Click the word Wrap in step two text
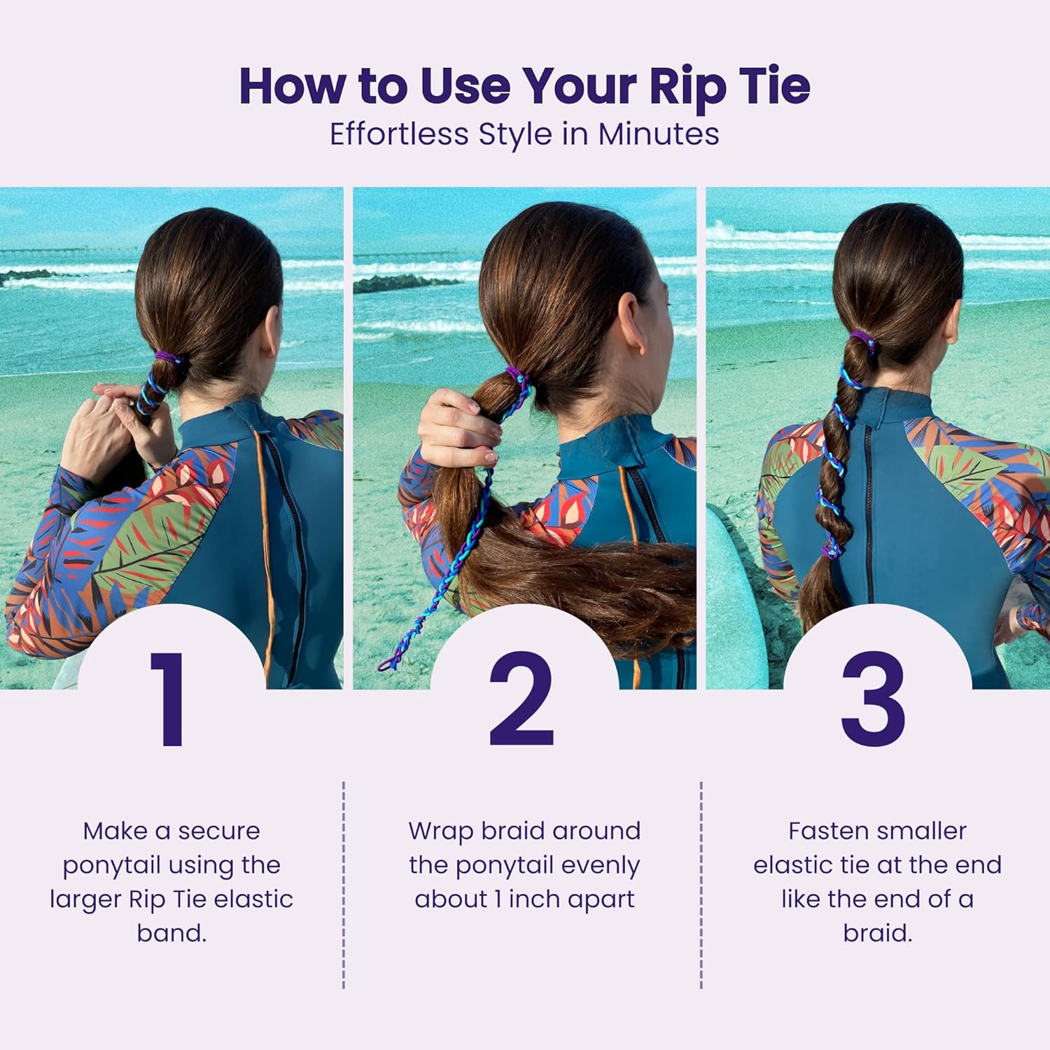440,832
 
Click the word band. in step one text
171,934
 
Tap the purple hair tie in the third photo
862,341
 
